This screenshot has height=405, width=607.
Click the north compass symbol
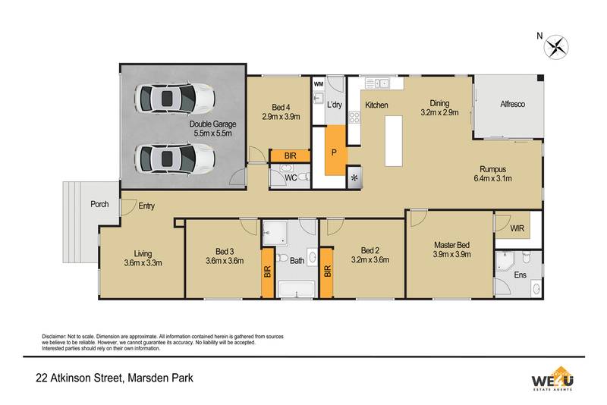tap(557, 45)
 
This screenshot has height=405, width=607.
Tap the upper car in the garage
tap(175, 97)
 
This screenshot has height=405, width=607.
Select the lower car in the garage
tap(175, 159)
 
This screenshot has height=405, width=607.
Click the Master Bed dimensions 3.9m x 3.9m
tap(453, 255)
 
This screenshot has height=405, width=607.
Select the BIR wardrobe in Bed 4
tap(290, 156)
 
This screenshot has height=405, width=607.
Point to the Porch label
tap(99, 204)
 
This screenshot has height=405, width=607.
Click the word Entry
tap(146, 206)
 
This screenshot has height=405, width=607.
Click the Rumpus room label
tap(492, 169)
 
